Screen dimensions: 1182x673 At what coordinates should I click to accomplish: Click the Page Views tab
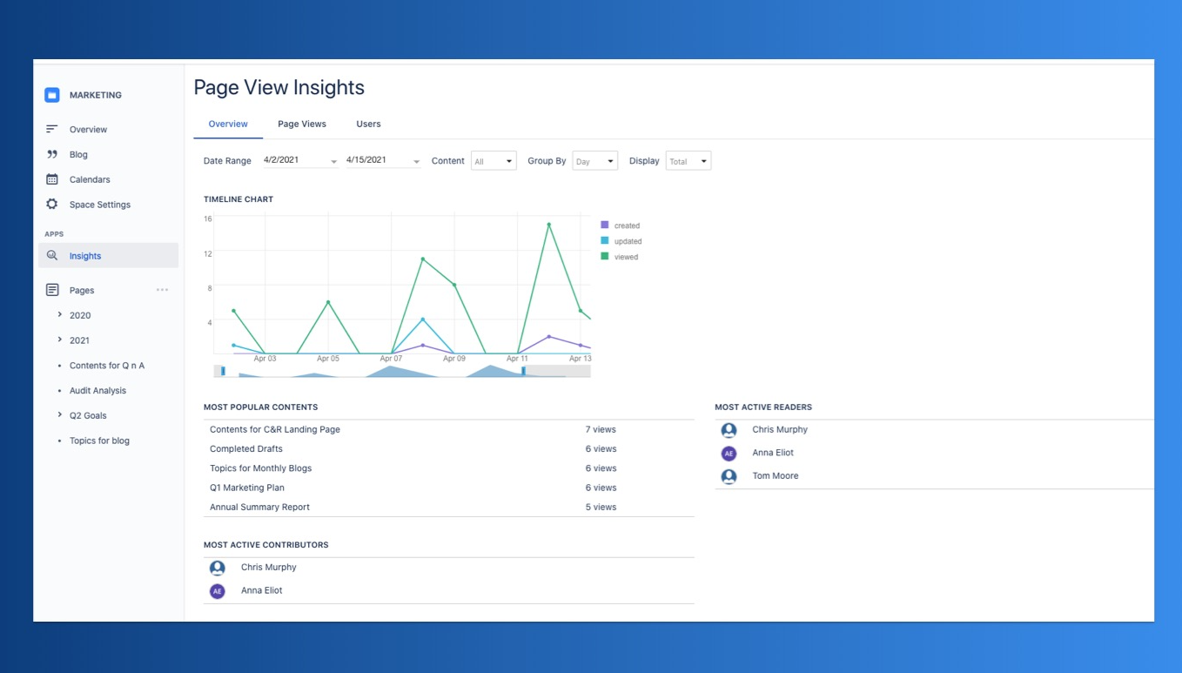tap(302, 124)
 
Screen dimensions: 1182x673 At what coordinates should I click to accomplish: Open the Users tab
tap(368, 124)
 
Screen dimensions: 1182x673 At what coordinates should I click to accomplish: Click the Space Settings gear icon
tap(51, 204)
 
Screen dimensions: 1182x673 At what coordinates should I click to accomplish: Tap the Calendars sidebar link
tap(90, 179)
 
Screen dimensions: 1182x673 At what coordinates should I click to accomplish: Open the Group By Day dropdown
tap(594, 161)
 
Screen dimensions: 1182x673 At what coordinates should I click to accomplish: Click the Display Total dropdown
tap(688, 161)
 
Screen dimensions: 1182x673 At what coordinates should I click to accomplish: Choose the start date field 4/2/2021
tap(300, 160)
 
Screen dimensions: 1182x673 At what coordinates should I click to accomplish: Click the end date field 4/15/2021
tap(383, 160)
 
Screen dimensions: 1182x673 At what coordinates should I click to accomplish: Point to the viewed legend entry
tap(620, 257)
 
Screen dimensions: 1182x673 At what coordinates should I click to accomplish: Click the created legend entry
tap(620, 225)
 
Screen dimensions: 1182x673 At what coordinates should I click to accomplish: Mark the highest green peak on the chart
tap(548, 225)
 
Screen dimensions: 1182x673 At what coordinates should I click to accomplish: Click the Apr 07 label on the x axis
tap(391, 359)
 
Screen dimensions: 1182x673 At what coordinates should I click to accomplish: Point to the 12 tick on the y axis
tap(208, 254)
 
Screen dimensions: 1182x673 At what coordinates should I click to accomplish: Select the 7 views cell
tap(601, 430)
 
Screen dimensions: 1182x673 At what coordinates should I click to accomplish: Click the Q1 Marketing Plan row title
tap(247, 488)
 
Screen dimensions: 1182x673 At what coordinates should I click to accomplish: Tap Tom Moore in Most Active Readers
tap(776, 475)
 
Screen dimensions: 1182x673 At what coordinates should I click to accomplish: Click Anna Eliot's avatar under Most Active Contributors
tap(218, 591)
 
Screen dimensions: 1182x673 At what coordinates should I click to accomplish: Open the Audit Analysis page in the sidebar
tap(97, 391)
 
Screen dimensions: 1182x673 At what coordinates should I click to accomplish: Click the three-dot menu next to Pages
tap(162, 290)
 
